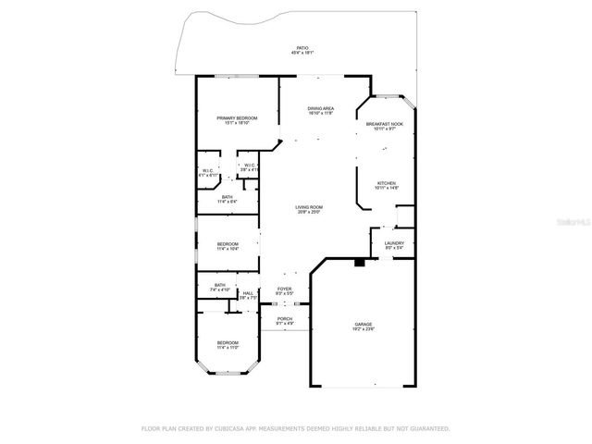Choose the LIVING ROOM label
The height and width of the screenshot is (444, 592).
[308, 209]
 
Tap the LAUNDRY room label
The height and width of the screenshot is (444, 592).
[394, 244]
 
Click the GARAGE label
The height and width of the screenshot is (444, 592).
[363, 326]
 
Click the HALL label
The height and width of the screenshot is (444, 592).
[247, 295]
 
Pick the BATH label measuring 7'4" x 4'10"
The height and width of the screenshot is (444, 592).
[220, 287]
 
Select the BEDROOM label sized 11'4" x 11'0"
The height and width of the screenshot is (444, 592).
[228, 345]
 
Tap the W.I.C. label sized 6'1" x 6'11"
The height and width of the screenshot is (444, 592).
[208, 172]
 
